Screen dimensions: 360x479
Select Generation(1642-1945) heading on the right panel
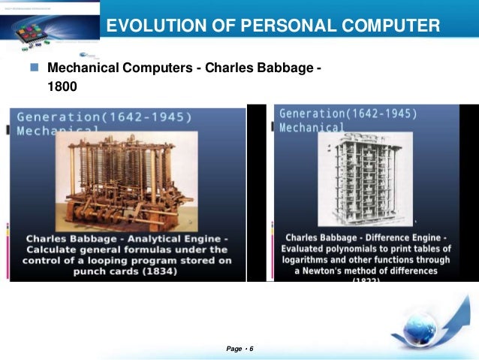pyautogui.click(x=348, y=114)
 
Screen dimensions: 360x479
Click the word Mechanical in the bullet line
pyautogui.click(x=81, y=68)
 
